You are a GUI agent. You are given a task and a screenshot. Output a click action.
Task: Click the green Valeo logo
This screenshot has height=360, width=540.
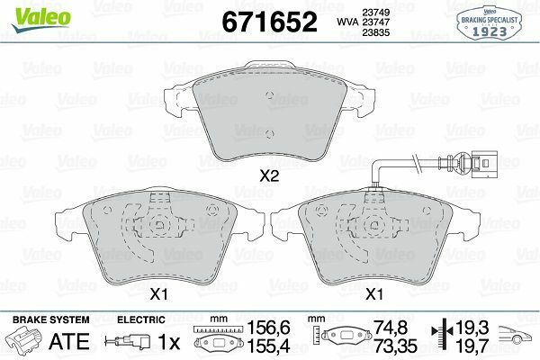pyautogui.click(x=41, y=18)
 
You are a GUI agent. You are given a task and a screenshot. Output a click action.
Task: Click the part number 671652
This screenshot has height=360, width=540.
pyautogui.click(x=269, y=22)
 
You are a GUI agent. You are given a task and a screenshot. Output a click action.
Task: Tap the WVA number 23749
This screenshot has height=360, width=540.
pyautogui.click(x=375, y=13)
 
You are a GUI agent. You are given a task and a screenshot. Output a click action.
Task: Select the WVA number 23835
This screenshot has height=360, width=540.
pyautogui.click(x=375, y=32)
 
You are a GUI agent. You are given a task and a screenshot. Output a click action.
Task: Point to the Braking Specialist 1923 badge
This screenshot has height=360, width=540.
pyautogui.click(x=489, y=23)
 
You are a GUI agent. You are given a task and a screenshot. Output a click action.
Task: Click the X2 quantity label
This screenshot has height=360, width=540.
pyautogui.click(x=269, y=176)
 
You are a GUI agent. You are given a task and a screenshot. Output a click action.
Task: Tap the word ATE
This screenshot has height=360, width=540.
pyautogui.click(x=69, y=342)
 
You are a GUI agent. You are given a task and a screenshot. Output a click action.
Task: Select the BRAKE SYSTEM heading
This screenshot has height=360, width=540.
pyautogui.click(x=51, y=320)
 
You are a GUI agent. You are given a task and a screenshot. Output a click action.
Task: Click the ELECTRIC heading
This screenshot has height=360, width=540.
pyautogui.click(x=141, y=320)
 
